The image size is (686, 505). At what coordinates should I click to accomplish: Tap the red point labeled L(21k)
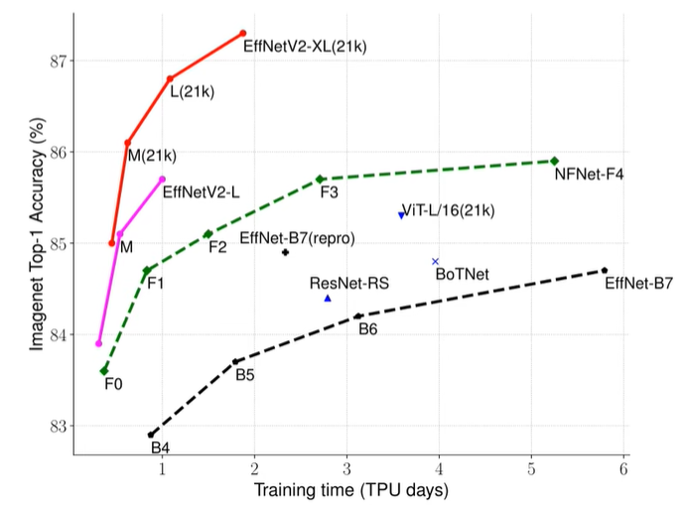[x=170, y=78]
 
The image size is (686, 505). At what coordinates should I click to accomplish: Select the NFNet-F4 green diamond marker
[x=554, y=161]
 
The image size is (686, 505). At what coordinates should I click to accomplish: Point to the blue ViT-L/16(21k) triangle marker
[x=401, y=214]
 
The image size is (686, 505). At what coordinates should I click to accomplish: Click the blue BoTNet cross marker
[x=435, y=261]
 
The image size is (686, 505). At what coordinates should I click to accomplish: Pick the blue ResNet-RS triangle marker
[x=328, y=298]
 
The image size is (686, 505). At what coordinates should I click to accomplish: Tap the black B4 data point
[x=151, y=435]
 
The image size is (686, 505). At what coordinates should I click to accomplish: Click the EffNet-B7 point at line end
[x=604, y=270]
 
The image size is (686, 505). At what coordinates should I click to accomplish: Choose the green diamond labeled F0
[x=104, y=370]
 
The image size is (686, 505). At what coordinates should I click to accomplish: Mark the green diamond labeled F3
[x=320, y=179]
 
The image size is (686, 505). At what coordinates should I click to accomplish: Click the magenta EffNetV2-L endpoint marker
[x=163, y=179]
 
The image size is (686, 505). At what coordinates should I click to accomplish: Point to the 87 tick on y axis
[x=57, y=61]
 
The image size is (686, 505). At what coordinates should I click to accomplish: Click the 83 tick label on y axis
[x=57, y=427]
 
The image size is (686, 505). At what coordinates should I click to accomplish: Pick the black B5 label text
[x=245, y=375]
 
